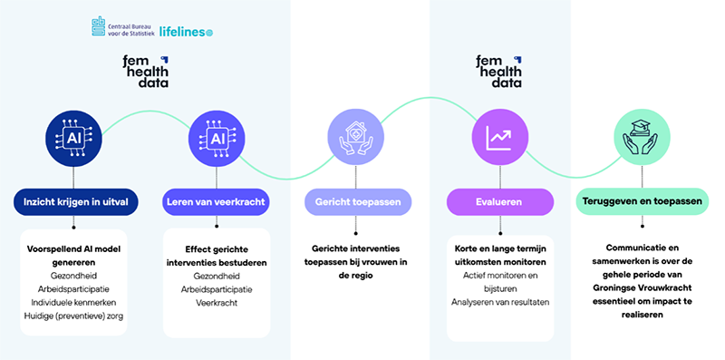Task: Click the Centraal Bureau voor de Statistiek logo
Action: click(x=123, y=26)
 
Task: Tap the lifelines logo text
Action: click(x=186, y=32)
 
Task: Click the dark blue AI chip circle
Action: click(x=73, y=139)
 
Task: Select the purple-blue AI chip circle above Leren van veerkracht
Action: click(x=217, y=139)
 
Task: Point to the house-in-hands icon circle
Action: click(x=356, y=138)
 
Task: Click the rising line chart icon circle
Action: click(x=500, y=138)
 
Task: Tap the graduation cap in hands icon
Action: click(x=643, y=138)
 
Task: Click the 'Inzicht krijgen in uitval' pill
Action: click(x=76, y=201)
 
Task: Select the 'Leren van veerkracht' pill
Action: click(x=216, y=201)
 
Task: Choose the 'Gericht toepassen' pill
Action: click(x=358, y=201)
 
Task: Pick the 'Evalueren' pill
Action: click(x=499, y=201)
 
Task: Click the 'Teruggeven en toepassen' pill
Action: click(x=643, y=201)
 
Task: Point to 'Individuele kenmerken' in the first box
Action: click(x=73, y=302)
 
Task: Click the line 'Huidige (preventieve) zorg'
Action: click(x=73, y=316)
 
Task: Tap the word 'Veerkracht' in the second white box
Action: click(x=217, y=303)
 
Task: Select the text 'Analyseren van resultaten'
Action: click(x=500, y=302)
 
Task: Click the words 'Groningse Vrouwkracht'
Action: click(x=643, y=287)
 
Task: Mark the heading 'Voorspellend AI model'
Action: click(x=73, y=249)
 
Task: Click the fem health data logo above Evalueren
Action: click(x=499, y=72)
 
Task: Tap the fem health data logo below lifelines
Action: click(x=146, y=72)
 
